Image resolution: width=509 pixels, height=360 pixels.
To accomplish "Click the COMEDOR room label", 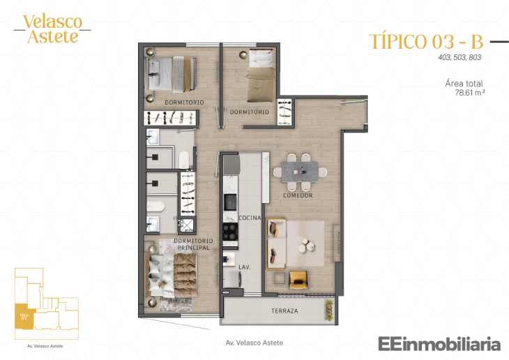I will click(x=298, y=195).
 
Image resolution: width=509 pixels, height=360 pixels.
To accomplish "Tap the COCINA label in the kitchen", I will click(x=250, y=218).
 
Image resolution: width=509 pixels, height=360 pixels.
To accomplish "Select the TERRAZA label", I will click(x=284, y=310).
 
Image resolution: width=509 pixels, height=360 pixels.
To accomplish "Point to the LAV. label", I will click(x=245, y=267).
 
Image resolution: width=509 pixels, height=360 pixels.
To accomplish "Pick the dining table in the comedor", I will click(x=299, y=171).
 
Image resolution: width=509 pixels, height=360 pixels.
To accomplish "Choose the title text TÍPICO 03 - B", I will click(x=426, y=41).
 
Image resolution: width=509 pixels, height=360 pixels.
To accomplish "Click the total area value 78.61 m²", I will click(x=469, y=92).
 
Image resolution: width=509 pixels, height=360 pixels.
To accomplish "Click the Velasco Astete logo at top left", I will click(x=52, y=29).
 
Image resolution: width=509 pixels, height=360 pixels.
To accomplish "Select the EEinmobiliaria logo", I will click(x=439, y=343).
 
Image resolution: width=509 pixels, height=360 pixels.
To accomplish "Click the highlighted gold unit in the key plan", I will click(x=24, y=316).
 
